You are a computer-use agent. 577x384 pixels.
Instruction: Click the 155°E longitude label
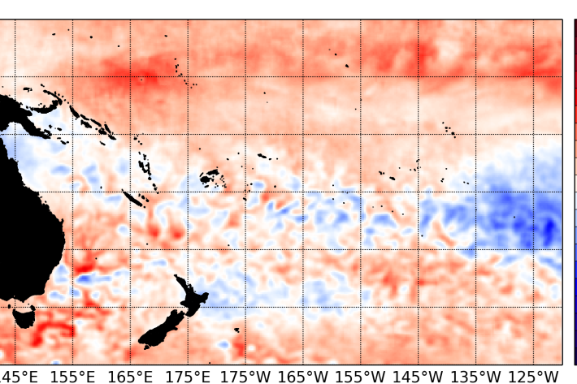coord(74,376)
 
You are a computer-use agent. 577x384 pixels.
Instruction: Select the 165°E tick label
coord(131,376)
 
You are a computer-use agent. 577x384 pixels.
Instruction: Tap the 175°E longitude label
coord(189,376)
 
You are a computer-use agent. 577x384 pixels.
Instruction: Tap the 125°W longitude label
coord(534,376)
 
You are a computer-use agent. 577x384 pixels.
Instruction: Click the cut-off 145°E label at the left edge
coord(18,376)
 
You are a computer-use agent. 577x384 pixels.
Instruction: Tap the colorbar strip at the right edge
coord(575,195)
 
